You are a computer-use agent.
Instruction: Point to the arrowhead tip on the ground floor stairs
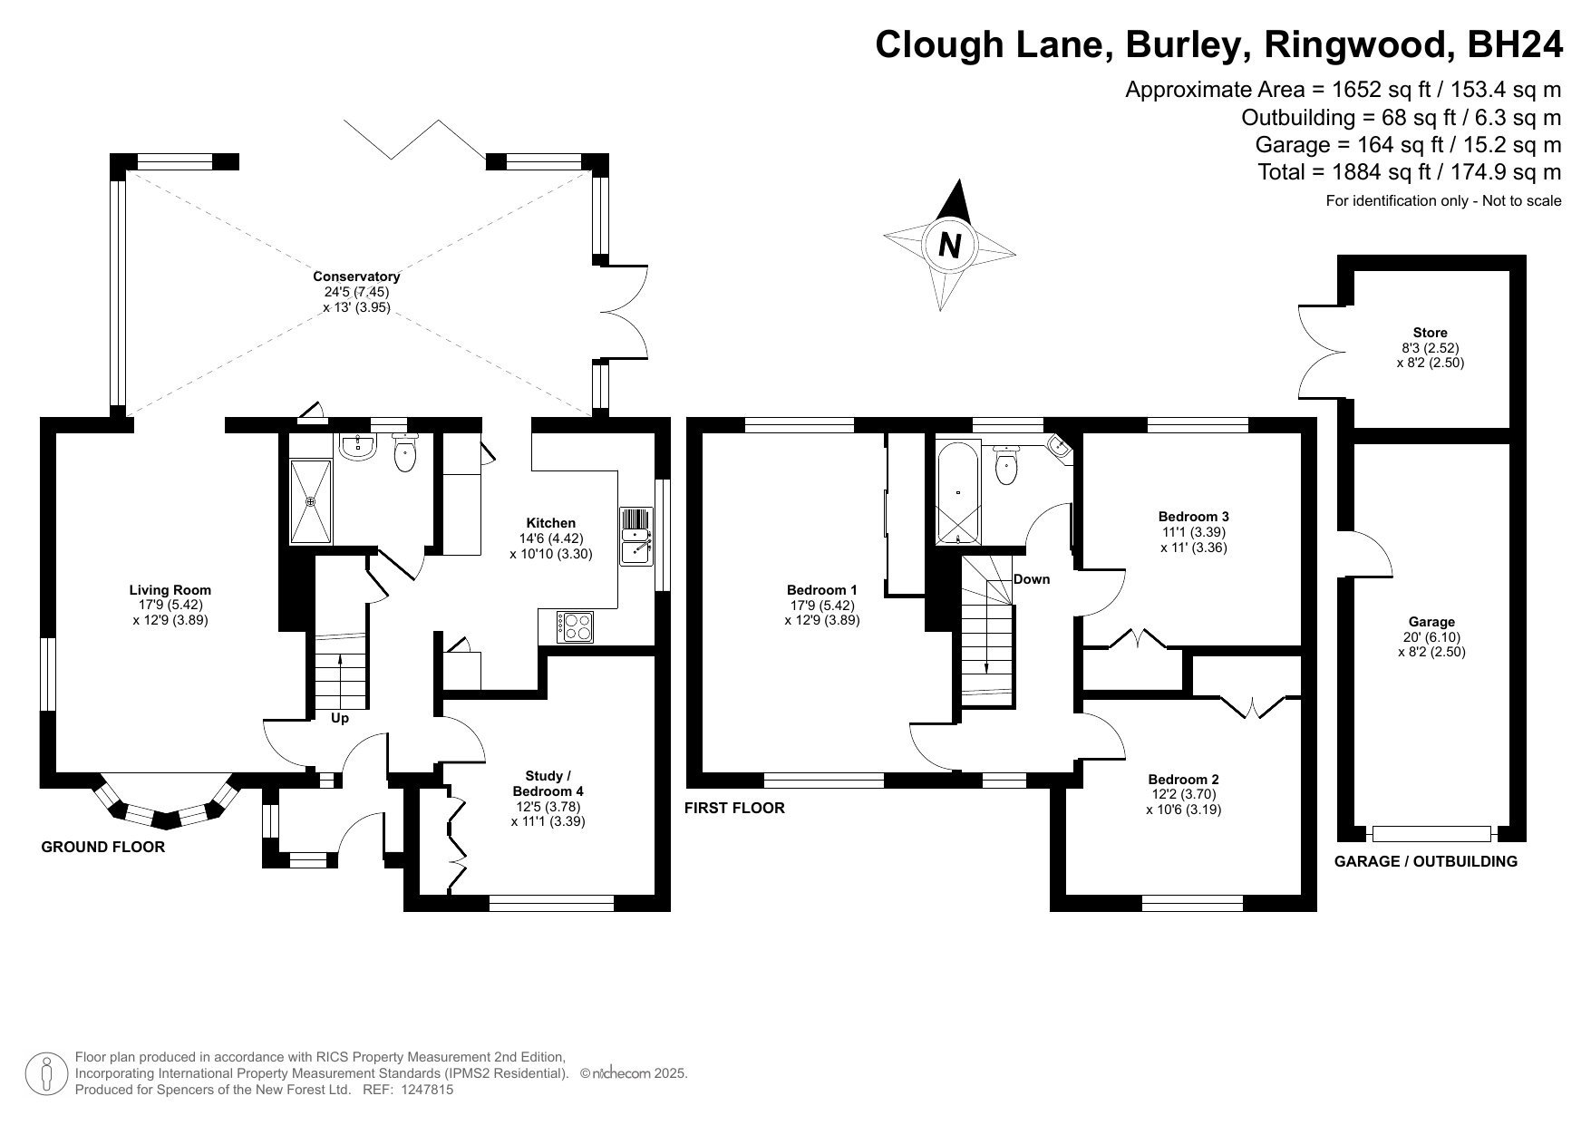pos(341,655)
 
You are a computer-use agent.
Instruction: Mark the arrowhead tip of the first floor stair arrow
pos(987,675)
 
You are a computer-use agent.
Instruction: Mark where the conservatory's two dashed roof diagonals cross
pos(356,291)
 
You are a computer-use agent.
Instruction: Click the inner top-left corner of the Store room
pos(1354,271)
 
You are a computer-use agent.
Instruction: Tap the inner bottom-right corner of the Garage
pos(1509,826)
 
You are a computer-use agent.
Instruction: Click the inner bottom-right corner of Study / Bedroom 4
pos(655,895)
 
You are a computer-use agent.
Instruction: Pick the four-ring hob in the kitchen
pos(577,627)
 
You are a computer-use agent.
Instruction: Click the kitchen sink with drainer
pos(635,536)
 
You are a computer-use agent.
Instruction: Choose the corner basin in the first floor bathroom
pos(1060,447)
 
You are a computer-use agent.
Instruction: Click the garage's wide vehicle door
pos(1431,833)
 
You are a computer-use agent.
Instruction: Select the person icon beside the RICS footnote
pos(46,1074)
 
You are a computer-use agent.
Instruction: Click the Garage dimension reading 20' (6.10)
pos(1431,636)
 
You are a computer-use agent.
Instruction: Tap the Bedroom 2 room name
pos(1183,780)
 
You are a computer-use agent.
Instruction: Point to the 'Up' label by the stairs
pos(340,719)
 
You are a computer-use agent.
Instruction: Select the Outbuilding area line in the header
pos(1401,117)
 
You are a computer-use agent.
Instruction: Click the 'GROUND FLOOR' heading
pos(103,848)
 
